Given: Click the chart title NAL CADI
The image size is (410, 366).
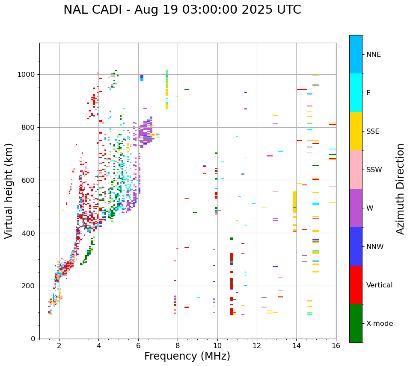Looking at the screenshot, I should (x=182, y=10).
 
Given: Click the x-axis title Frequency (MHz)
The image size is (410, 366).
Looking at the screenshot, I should (x=187, y=356).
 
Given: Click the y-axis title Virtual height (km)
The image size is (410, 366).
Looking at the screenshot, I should (x=9, y=190).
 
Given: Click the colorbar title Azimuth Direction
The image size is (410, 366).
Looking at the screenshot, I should (x=400, y=189).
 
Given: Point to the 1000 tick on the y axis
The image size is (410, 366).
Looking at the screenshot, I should (x=28, y=74).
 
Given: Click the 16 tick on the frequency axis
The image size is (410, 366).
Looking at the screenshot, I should (x=336, y=346).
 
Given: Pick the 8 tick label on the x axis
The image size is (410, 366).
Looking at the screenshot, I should (x=178, y=346).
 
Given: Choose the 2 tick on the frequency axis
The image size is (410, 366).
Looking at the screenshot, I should (x=59, y=346).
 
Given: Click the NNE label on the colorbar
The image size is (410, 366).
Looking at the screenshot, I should (x=373, y=55).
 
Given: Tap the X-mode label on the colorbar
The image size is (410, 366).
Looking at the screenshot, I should (x=379, y=324).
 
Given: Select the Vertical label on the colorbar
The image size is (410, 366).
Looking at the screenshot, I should (x=379, y=285).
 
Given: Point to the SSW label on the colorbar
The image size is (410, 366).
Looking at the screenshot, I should (x=374, y=170).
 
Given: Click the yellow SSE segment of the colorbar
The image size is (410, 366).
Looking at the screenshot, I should (x=356, y=131).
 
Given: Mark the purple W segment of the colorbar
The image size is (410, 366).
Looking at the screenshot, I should (x=356, y=208).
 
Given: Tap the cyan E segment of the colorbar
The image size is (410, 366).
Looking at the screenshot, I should (x=356, y=93).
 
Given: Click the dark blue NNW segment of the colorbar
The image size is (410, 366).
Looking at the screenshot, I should (x=356, y=246).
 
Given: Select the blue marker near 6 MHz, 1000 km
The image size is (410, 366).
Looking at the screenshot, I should (x=142, y=77).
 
